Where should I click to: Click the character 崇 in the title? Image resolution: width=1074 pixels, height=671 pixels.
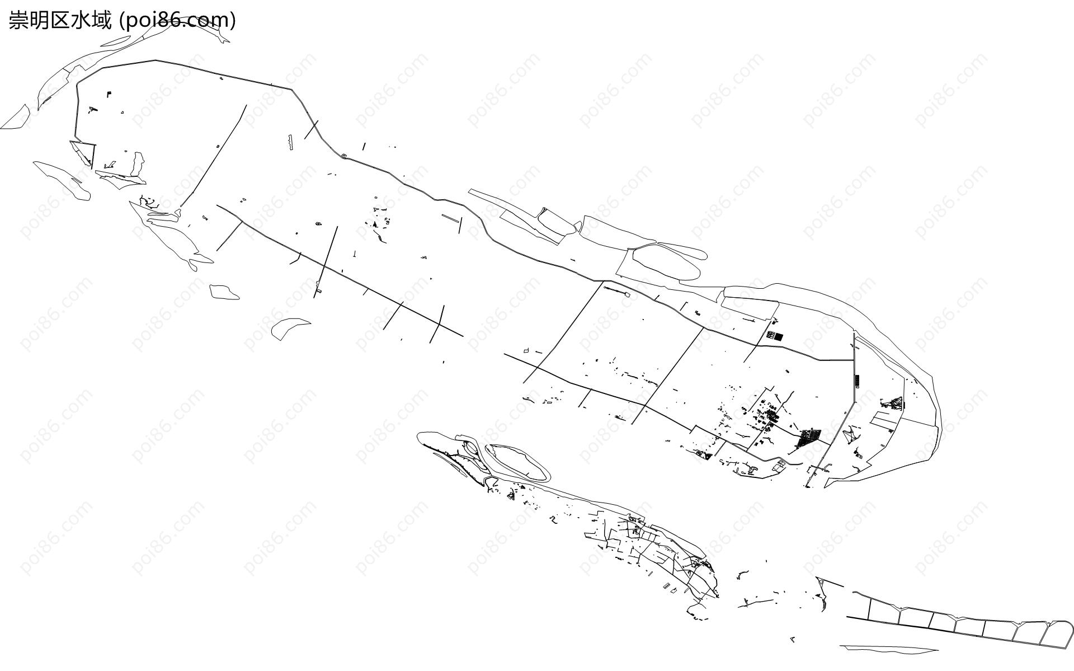point(18,20)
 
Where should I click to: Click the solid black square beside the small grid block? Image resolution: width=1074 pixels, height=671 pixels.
point(779,336)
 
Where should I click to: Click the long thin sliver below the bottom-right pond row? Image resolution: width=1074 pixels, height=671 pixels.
point(889,649)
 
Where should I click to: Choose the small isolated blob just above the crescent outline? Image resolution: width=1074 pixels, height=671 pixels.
point(224,292)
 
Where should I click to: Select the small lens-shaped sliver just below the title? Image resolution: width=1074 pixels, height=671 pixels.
point(115,41)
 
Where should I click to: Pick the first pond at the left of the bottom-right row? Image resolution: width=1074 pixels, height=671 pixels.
point(883,609)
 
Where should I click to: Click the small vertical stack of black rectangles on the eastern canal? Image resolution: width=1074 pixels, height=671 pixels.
point(856,381)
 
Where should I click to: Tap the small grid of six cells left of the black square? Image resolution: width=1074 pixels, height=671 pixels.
point(770,335)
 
